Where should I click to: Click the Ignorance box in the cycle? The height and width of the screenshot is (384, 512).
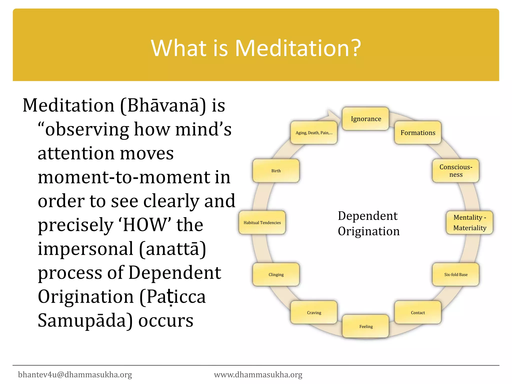pyautogui.click(x=365, y=119)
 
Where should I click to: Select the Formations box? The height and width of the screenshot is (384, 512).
pyautogui.click(x=418, y=133)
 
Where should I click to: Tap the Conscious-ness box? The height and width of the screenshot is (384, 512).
pyautogui.click(x=456, y=171)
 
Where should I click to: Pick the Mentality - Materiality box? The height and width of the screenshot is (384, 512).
pyautogui.click(x=469, y=222)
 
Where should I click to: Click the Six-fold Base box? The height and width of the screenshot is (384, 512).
pyautogui.click(x=456, y=274)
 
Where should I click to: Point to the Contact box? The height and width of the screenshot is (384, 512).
pyautogui.click(x=418, y=312)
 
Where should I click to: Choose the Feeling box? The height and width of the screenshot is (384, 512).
pyautogui.click(x=366, y=326)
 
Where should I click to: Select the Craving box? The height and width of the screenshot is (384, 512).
pyautogui.click(x=314, y=312)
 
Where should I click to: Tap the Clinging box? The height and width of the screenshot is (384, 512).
pyautogui.click(x=276, y=274)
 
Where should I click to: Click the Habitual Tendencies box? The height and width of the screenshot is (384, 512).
pyautogui.click(x=262, y=222)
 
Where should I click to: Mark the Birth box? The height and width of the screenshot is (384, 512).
pyautogui.click(x=276, y=171)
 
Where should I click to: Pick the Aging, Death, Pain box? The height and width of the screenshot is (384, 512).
pyautogui.click(x=314, y=133)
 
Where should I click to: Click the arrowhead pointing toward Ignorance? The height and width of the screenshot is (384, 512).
pyautogui.click(x=332, y=115)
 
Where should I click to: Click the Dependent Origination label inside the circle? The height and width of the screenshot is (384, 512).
pyautogui.click(x=368, y=223)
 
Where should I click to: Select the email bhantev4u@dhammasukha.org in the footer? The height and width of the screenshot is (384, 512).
pyautogui.click(x=75, y=374)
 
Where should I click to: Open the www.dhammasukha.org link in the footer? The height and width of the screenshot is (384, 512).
pyautogui.click(x=258, y=374)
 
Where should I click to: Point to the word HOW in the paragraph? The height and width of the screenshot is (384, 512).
pyautogui.click(x=145, y=225)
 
